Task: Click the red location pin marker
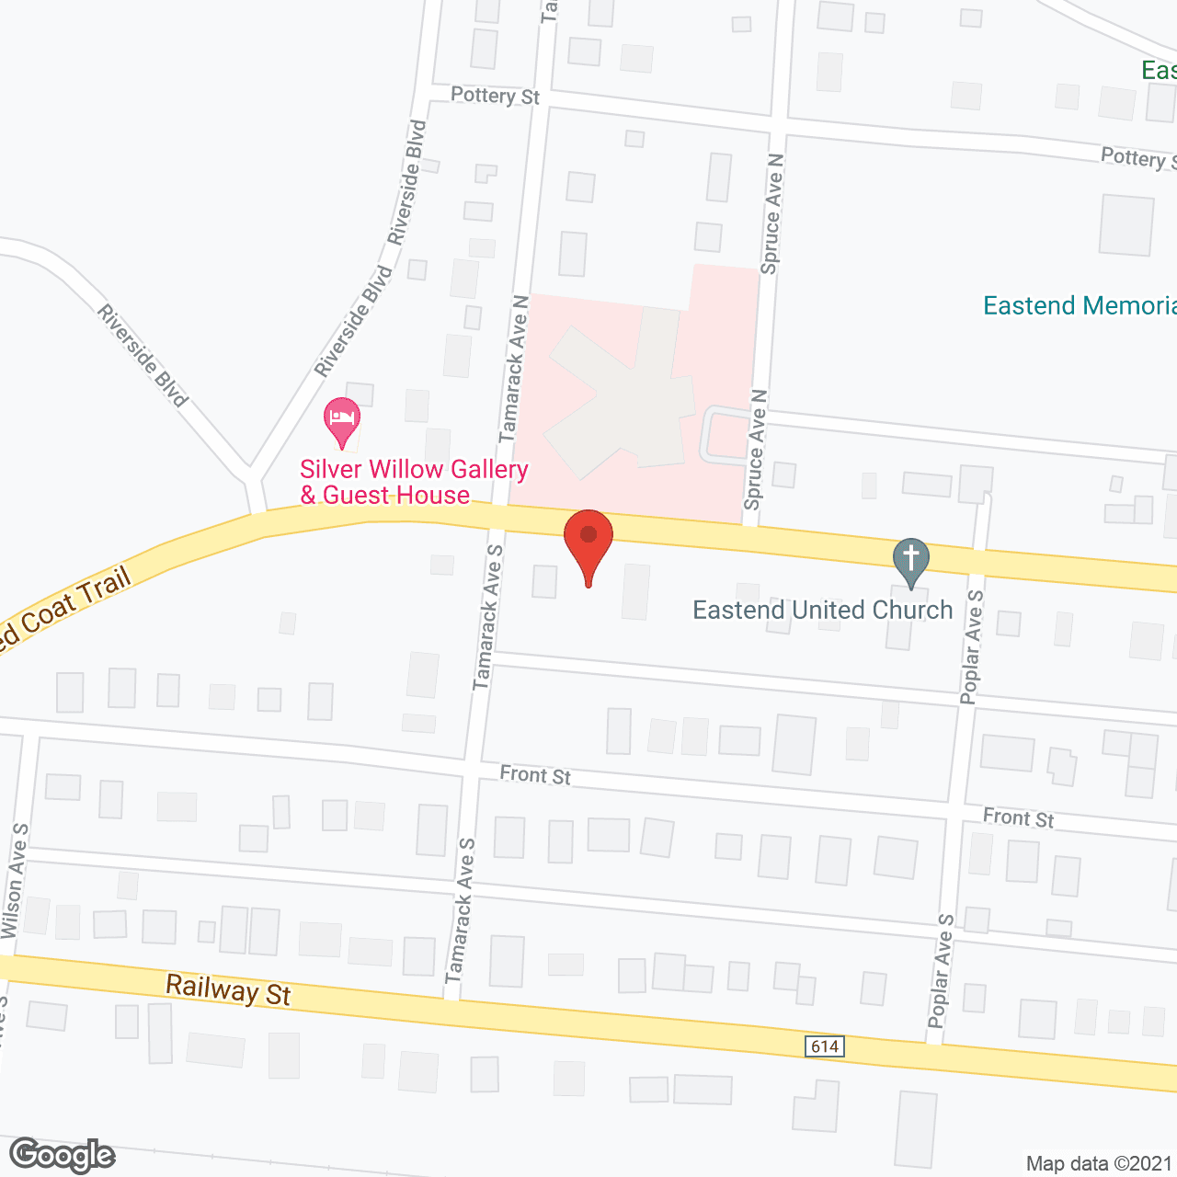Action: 588,543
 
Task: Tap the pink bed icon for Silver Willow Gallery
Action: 342,418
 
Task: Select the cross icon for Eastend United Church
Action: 911,559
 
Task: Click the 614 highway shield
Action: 825,1046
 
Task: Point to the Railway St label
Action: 228,991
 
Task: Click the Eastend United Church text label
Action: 822,611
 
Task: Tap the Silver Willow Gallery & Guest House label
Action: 414,483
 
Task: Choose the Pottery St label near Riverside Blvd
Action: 495,96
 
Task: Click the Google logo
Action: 62,1155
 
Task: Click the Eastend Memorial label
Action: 1079,306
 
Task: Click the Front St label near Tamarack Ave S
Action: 535,775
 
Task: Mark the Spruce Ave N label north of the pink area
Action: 772,213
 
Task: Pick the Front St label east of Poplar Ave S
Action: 1018,817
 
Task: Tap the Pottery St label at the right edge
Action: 1137,158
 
